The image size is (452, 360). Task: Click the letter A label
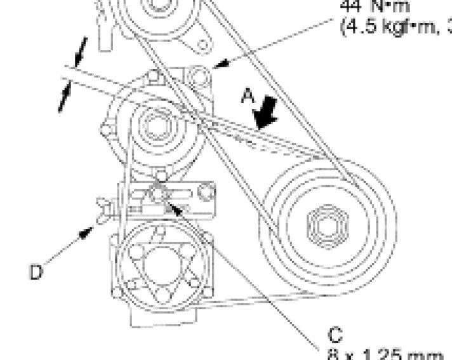(x=248, y=96)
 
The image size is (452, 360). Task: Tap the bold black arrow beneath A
(x=265, y=115)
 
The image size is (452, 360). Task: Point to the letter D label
(x=36, y=272)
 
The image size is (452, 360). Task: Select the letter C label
(x=335, y=335)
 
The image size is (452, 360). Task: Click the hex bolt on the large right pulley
(x=321, y=223)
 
